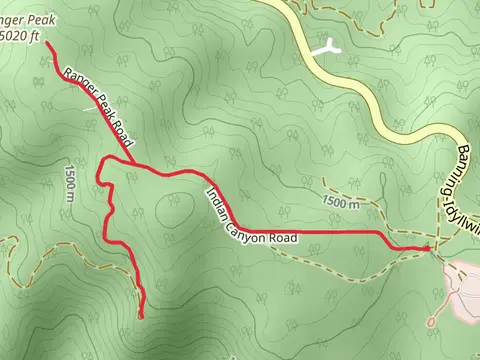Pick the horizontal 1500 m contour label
click(342, 203)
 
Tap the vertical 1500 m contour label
click(69, 183)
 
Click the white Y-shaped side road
click(325, 46)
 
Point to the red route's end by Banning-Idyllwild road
click(427, 246)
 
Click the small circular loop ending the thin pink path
click(432, 321)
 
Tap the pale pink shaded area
click(462, 290)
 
